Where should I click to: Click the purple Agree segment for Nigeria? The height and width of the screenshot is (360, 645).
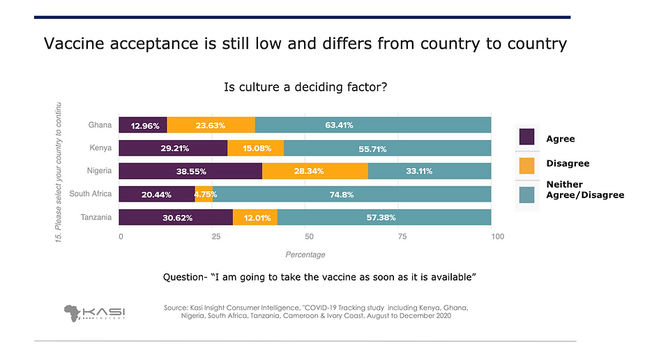point(190,171)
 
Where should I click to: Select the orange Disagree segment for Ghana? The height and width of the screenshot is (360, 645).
point(211,126)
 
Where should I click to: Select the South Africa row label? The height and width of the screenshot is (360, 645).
point(91,194)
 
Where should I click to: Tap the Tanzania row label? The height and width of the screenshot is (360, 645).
point(96,217)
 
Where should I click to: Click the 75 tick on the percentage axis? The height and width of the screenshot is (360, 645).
point(402,237)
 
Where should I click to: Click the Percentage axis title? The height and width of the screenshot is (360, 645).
point(305,255)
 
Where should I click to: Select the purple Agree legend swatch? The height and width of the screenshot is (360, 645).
point(526,137)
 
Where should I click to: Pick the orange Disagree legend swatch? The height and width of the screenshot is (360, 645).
point(526,165)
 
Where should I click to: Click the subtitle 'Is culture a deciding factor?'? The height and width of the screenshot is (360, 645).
point(305,87)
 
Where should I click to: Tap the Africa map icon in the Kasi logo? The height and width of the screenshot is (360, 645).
point(73,313)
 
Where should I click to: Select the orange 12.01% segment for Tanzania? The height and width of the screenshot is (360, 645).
point(255,217)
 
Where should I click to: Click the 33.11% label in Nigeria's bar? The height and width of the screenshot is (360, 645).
point(428,171)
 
